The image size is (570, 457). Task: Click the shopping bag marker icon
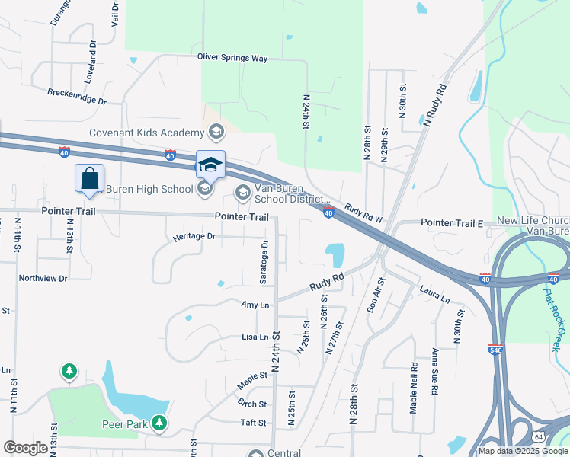coord(89,178)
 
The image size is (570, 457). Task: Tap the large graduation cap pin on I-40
coord(210,164)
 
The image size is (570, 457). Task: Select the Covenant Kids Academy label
coord(149,132)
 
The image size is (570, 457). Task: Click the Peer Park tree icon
coord(159,422)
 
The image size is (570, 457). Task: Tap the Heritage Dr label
coord(194,236)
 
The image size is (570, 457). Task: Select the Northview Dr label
coord(43,279)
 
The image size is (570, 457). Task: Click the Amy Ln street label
coord(255,305)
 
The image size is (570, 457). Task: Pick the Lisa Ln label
coord(255,337)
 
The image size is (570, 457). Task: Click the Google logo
coord(26,448)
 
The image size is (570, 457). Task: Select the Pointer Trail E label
coord(453,222)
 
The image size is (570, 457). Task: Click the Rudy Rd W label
coord(362,212)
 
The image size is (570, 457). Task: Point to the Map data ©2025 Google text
coord(523,450)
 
